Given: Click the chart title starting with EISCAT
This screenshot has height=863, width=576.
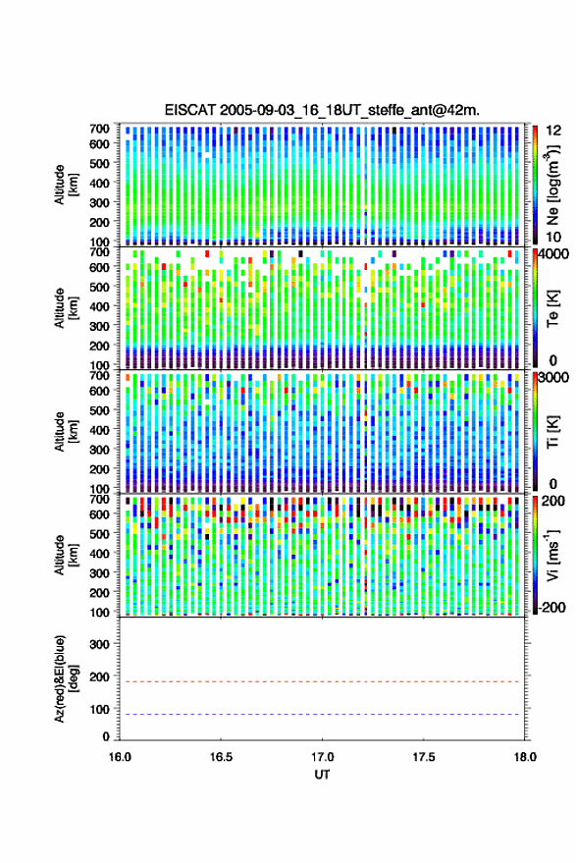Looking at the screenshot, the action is (x=322, y=110).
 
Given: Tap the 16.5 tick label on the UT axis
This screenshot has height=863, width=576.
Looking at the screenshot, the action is (x=221, y=757).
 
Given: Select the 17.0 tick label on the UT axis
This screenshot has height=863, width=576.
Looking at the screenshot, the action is (x=322, y=757).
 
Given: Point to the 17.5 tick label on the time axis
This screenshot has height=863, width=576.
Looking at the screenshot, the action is (x=423, y=757).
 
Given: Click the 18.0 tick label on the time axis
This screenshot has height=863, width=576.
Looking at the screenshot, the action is (x=525, y=757).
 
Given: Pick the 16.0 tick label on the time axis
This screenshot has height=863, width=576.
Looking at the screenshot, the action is (x=120, y=757).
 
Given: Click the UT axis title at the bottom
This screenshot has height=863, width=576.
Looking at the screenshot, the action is (x=322, y=775).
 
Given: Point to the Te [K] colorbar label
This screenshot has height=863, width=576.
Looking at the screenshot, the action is (x=552, y=308).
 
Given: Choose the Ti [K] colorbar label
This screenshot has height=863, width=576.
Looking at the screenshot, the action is (x=552, y=432).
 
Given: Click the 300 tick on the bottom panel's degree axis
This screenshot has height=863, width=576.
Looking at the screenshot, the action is (x=99, y=644).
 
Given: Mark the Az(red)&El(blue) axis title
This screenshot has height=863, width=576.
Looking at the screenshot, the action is (x=66, y=679).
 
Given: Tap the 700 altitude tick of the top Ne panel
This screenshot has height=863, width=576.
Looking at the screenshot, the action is (x=99, y=129).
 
